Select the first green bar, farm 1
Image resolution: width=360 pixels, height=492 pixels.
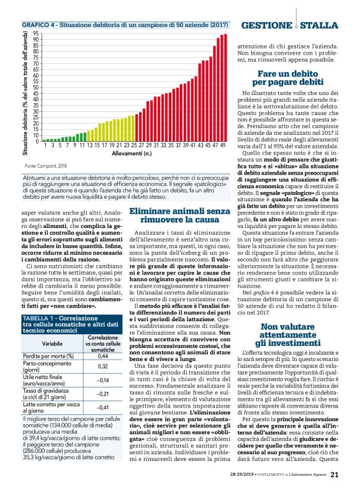click(45, 140)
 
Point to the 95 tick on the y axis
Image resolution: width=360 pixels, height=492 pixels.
click(35, 34)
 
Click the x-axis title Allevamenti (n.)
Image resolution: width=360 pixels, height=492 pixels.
click(135, 153)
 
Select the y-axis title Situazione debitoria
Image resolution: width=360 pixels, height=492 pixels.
click(25, 87)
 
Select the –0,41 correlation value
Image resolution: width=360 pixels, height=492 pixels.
click(103, 408)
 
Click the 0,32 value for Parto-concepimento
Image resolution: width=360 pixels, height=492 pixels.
click(103, 367)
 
